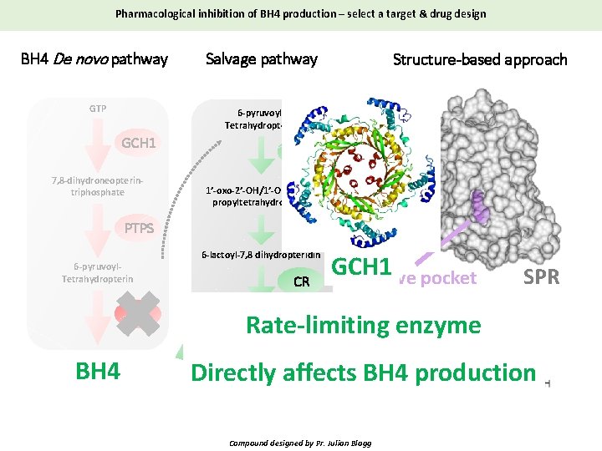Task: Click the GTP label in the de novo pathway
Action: (x=97, y=108)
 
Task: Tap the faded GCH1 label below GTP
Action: (x=139, y=143)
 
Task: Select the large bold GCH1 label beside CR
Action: (x=362, y=267)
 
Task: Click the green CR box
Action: (x=302, y=282)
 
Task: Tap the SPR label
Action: (x=541, y=277)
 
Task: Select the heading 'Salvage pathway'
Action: (x=262, y=59)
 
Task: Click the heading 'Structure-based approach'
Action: (x=480, y=59)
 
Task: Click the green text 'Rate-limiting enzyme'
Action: (x=362, y=324)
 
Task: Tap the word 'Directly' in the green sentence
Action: (x=228, y=372)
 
